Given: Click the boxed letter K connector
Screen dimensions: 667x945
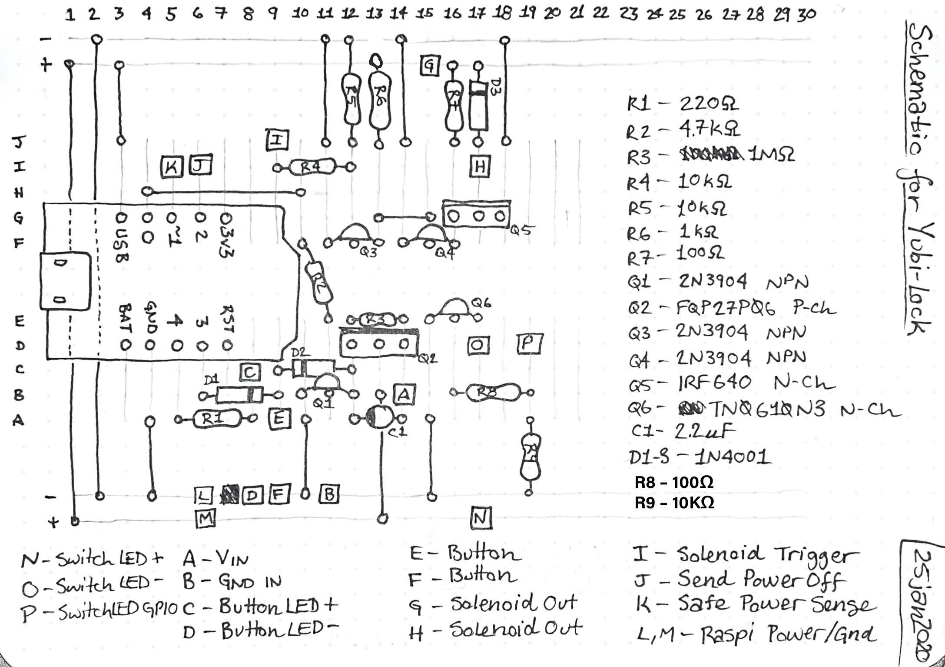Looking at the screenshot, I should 172,167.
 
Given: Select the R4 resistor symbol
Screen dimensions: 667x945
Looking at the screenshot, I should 312,167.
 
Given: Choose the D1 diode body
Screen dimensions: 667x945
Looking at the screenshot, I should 239,395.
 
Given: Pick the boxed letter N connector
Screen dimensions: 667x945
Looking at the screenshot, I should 481,518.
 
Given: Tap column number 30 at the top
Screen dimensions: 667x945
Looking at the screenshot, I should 806,15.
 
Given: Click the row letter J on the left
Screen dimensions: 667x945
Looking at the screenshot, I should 19,142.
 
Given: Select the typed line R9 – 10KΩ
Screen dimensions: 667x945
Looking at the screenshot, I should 674,503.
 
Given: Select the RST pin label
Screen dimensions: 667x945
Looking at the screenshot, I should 227,320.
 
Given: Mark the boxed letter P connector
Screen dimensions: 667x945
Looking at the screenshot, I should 530,344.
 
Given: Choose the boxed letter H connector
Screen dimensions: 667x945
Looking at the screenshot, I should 480,166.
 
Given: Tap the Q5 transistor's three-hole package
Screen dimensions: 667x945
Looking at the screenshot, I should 476,216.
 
